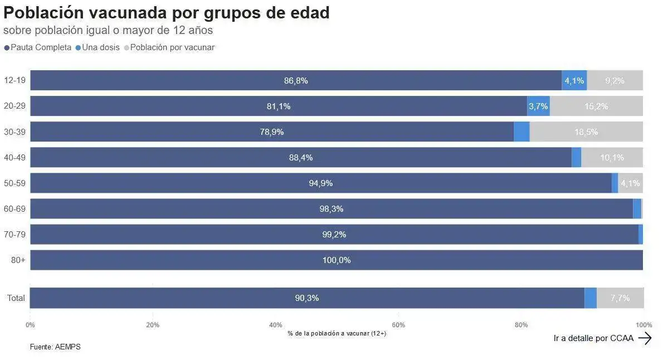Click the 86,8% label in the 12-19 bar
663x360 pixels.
click(296, 81)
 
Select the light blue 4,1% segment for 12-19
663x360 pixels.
click(574, 81)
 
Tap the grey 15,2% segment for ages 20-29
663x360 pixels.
click(596, 106)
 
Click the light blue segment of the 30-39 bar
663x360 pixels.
click(521, 132)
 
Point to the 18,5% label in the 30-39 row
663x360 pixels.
click(586, 132)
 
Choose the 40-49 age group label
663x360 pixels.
click(14, 158)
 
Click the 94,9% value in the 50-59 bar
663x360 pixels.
click(321, 183)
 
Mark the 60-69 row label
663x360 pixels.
click(14, 209)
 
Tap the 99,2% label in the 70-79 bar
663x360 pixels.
click(334, 235)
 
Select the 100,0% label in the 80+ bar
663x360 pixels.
click(337, 260)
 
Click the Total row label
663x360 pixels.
click(16, 298)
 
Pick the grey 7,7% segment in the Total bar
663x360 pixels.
click(620, 298)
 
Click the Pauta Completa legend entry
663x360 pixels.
click(38, 47)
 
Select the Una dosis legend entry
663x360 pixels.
click(97, 47)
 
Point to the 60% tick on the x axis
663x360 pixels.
click(398, 325)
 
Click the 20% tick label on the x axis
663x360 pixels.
click(153, 325)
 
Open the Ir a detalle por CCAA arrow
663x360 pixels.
click(645, 338)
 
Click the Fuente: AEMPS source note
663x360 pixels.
click(55, 347)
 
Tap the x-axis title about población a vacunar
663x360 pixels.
click(337, 333)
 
